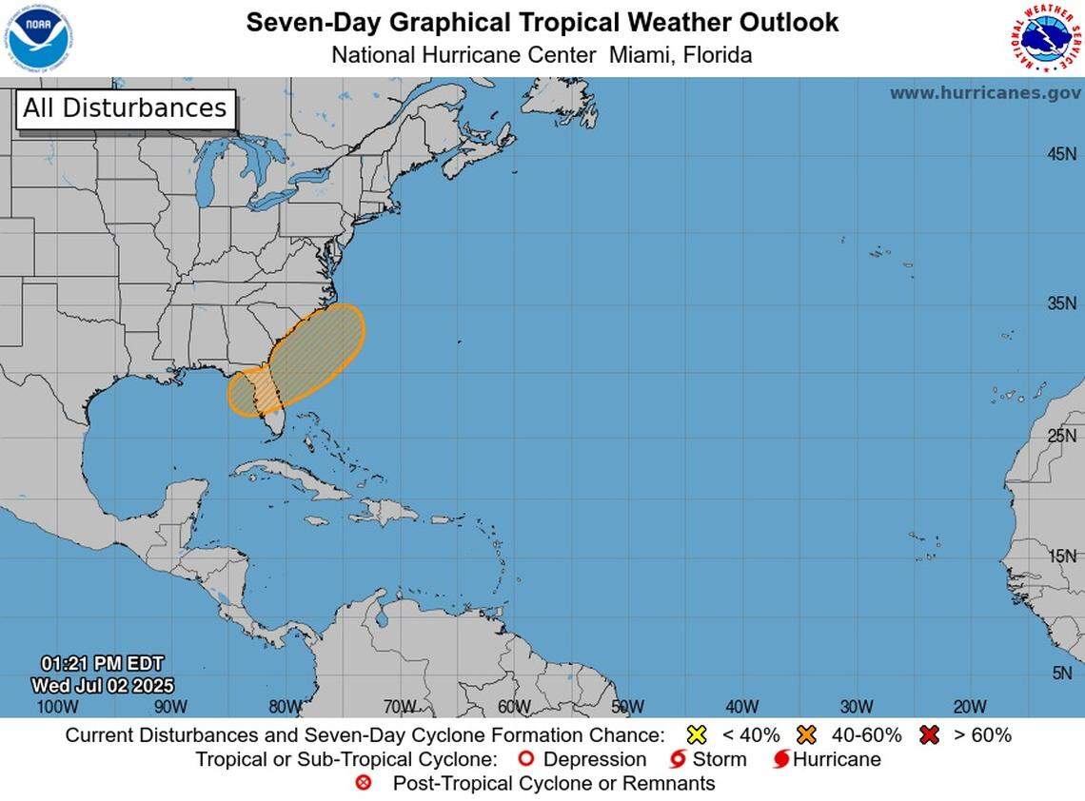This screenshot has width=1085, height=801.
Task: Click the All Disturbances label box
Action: pos(125,108)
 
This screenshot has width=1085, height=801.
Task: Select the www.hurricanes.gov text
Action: pos(984,92)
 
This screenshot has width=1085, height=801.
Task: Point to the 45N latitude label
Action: pos(1061,154)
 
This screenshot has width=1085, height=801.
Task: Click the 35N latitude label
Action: pos(1061,303)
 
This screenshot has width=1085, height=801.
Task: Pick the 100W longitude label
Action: pos(56,706)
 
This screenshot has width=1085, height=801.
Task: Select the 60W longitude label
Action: pos(514,706)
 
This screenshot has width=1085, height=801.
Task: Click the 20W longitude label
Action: pos(969,706)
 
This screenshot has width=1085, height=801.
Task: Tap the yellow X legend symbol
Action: pos(698,734)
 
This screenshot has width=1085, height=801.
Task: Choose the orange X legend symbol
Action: pos(808,734)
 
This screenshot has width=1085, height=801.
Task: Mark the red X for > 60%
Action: pos(930,734)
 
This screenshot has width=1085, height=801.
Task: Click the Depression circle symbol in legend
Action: pos(524,759)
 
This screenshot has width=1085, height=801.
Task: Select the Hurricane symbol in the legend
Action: pos(780,759)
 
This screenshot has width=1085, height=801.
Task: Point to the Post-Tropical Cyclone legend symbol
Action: pos(363,784)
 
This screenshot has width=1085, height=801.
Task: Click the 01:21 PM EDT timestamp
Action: pos(102,663)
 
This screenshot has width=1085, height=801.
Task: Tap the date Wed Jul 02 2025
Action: pos(102,685)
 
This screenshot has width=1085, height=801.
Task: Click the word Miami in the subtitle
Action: pos(640,55)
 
